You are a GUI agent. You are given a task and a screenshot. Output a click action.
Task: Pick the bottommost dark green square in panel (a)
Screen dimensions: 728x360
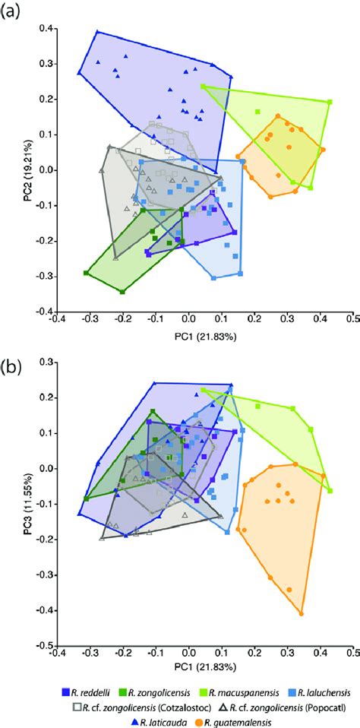pos(122,291)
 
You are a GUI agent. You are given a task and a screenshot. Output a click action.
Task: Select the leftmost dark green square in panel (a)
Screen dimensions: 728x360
pos(86,273)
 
